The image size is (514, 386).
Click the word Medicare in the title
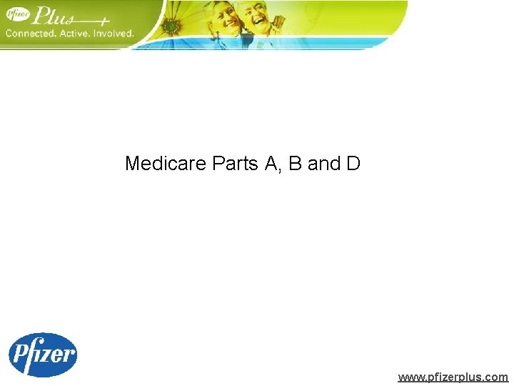[166, 164]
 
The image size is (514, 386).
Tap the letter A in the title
[271, 164]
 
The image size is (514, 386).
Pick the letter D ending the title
[353, 164]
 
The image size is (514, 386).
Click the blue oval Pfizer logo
[42, 355]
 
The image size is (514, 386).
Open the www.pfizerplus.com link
[453, 377]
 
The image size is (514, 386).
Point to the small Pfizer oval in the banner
[19, 15]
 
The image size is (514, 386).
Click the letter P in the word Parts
[218, 164]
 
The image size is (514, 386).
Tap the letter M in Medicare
[133, 164]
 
